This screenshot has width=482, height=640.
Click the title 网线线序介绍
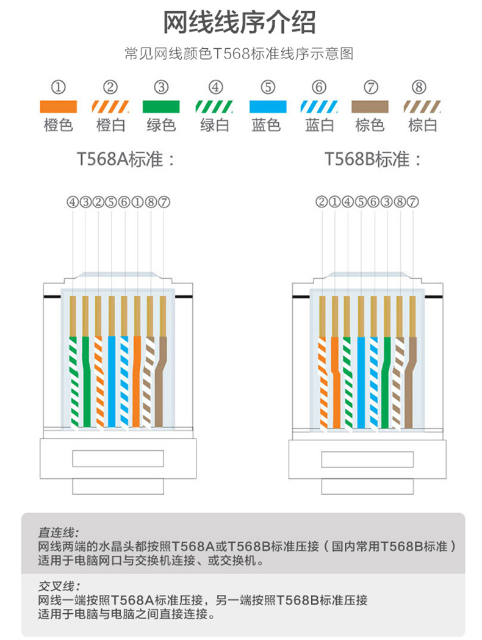point(240,23)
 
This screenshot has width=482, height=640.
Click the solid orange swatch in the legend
point(59,107)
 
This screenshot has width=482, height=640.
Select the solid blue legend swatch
point(267,107)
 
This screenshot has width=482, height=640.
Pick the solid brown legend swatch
point(370,107)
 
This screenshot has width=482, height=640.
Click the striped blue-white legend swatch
point(318,107)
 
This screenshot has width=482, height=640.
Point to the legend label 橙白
point(110,125)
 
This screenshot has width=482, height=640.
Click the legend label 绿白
point(215,125)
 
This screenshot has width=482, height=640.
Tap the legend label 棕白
point(422,125)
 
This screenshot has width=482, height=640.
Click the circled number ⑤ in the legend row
point(267,87)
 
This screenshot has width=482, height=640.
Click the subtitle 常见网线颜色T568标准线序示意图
point(239,54)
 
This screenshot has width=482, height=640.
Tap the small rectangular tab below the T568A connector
point(118,486)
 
